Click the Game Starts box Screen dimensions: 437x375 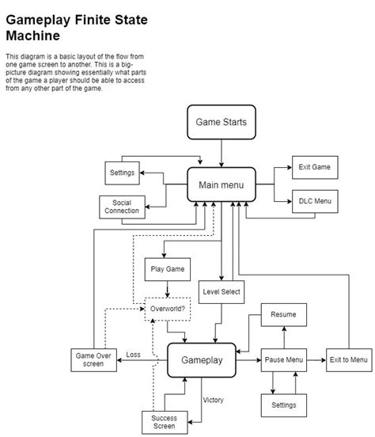(x=222, y=123)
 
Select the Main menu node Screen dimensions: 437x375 (x=221, y=185)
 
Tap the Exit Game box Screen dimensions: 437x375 (x=314, y=167)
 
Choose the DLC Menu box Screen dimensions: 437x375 (x=314, y=201)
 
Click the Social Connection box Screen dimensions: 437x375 (x=121, y=207)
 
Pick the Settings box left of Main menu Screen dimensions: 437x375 (x=121, y=172)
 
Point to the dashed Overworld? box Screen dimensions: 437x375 (x=167, y=309)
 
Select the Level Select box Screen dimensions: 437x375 (x=221, y=292)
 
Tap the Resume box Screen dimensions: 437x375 (x=283, y=314)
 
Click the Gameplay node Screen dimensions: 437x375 (x=202, y=359)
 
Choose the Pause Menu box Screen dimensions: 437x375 (x=283, y=359)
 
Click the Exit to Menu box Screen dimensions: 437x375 (x=347, y=359)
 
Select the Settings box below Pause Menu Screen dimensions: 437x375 (x=283, y=405)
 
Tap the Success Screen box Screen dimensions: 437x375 (x=164, y=422)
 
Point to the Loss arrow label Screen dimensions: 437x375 (x=134, y=355)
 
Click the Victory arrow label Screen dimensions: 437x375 (x=214, y=400)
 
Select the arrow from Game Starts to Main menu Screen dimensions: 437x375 (x=222, y=153)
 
